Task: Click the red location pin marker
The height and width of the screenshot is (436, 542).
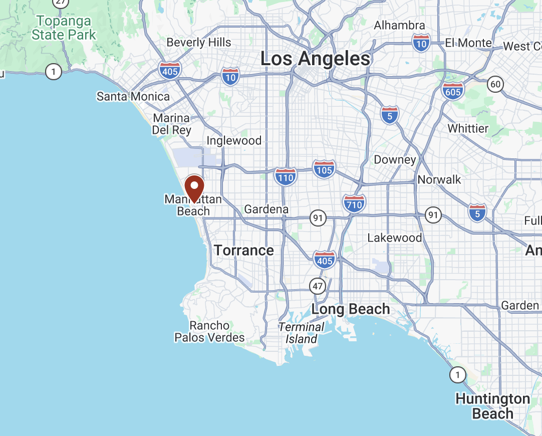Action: [194, 187]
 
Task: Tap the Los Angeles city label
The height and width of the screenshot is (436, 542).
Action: [315, 59]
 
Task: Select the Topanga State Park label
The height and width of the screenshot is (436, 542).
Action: [64, 28]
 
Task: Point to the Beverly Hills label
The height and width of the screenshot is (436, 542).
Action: [199, 43]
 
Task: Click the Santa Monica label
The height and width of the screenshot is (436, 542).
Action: [133, 96]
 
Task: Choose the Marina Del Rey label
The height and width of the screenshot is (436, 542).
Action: [172, 124]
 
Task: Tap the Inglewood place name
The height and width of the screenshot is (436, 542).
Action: [234, 141]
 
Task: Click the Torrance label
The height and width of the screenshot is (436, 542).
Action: [244, 250]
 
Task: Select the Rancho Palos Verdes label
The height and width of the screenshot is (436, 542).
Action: [209, 332]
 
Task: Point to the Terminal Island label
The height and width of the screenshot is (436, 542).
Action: [302, 333]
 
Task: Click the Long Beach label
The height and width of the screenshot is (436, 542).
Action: [351, 309]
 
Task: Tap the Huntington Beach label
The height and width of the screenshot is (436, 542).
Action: [492, 406]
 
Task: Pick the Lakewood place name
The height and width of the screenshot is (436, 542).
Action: [395, 238]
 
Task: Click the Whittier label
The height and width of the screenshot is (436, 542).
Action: [468, 129]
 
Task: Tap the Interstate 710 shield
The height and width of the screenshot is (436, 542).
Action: [354, 204]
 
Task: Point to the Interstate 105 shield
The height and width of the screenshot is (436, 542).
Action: [324, 169]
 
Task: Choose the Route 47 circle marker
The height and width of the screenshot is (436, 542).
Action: [318, 286]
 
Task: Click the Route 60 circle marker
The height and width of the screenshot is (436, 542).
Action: [495, 85]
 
